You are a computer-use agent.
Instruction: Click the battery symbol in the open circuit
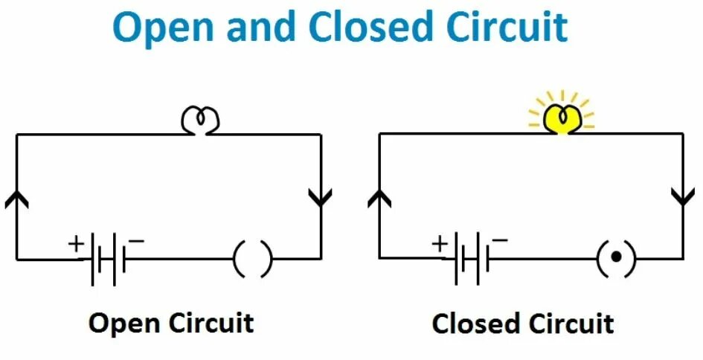(x=106, y=260)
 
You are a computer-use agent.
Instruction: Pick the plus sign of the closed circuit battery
(x=440, y=243)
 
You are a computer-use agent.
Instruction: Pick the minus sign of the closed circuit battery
(x=500, y=240)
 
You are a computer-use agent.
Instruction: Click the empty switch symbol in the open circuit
(x=253, y=260)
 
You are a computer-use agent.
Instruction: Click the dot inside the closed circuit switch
(x=616, y=259)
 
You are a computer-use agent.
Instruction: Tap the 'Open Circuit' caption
(x=171, y=324)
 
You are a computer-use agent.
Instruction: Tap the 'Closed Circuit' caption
(x=523, y=324)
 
